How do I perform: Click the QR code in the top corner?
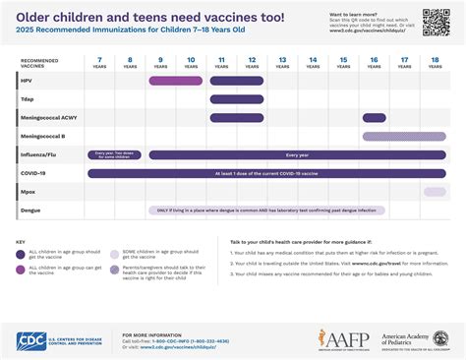[437, 22]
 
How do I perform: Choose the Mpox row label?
[29, 191]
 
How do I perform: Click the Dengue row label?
[30, 210]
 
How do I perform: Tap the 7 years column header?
[100, 62]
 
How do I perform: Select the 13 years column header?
[282, 62]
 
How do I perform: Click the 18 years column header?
[434, 62]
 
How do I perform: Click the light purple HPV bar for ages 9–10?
[176, 81]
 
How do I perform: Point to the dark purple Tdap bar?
[236, 99]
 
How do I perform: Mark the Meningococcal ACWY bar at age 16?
[374, 118]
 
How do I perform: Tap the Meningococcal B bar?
[403, 136]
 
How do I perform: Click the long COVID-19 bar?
[266, 173]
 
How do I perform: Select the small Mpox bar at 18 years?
[434, 191]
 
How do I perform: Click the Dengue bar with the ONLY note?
[266, 210]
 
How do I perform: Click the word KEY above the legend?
[21, 241]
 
